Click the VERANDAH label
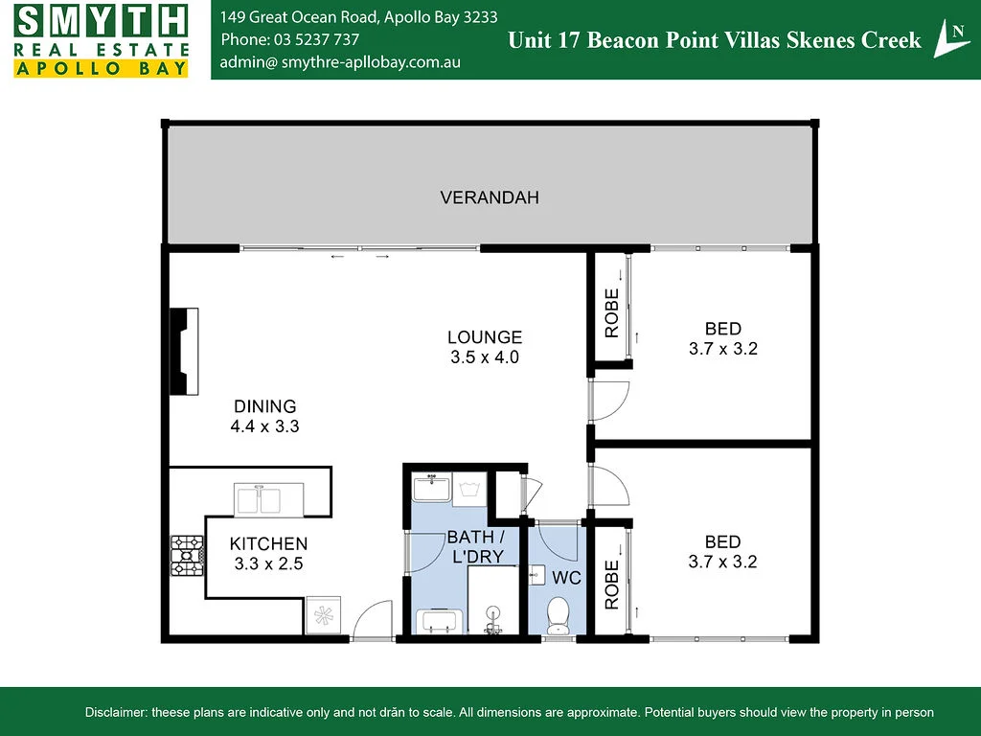pyautogui.click(x=490, y=197)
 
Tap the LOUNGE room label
pyautogui.click(x=485, y=337)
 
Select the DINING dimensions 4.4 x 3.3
pyautogui.click(x=264, y=426)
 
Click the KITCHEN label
pyautogui.click(x=268, y=543)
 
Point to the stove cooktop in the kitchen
pyautogui.click(x=188, y=556)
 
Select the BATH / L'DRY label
pyautogui.click(x=469, y=546)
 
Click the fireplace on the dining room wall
pyautogui.click(x=184, y=351)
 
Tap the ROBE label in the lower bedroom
pyautogui.click(x=611, y=578)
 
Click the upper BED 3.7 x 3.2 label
pyautogui.click(x=722, y=339)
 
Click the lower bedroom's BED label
pyautogui.click(x=722, y=542)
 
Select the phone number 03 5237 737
pyautogui.click(x=290, y=39)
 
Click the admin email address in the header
pyautogui.click(x=340, y=61)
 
